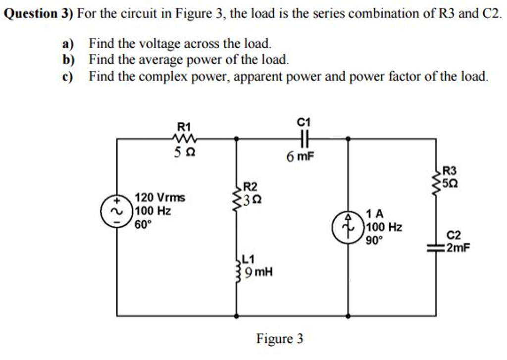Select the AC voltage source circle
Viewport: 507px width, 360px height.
point(117,211)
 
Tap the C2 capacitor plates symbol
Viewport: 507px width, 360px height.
point(437,250)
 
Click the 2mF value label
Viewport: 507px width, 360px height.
point(457,249)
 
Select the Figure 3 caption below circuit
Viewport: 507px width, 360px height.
point(279,339)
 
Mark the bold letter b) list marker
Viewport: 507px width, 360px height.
point(68,60)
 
